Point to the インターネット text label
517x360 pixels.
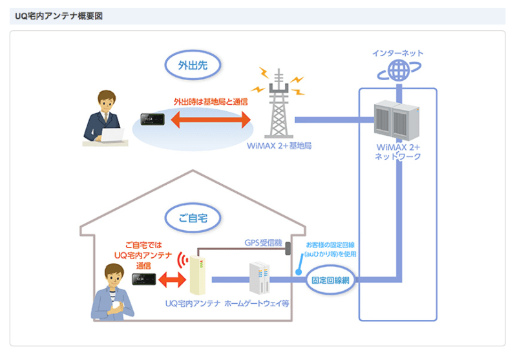pos(398,52)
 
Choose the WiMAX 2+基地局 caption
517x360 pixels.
pos(279,146)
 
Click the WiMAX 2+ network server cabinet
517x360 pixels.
pos(397,121)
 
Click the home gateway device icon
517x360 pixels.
pos(259,279)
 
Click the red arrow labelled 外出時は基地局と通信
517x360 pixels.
pos(210,120)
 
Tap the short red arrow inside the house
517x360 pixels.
pos(171,280)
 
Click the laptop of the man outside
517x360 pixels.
pos(114,135)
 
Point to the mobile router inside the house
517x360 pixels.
pos(144,279)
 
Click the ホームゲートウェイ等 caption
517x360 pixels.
pos(257,302)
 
